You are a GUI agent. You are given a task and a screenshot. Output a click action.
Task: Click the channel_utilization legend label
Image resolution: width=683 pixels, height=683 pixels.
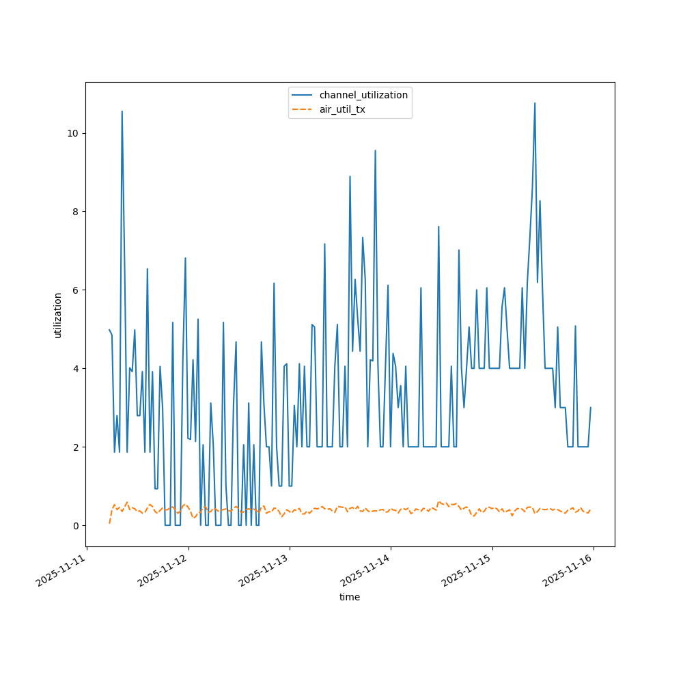(363, 95)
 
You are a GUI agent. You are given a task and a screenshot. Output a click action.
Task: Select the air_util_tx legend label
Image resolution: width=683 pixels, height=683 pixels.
(342, 109)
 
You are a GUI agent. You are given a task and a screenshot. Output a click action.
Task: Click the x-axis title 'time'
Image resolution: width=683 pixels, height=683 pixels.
(350, 597)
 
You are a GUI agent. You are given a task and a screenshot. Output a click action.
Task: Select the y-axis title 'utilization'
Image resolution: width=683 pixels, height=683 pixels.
(58, 315)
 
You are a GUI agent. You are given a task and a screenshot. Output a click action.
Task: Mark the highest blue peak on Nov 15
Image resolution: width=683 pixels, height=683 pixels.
(535, 104)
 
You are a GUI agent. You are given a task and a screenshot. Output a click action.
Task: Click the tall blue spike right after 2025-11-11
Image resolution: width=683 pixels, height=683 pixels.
(122, 112)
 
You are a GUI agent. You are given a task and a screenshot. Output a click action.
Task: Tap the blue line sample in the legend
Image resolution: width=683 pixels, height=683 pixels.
(303, 95)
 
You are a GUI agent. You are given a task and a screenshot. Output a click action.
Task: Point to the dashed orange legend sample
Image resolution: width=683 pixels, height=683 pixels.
(303, 109)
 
